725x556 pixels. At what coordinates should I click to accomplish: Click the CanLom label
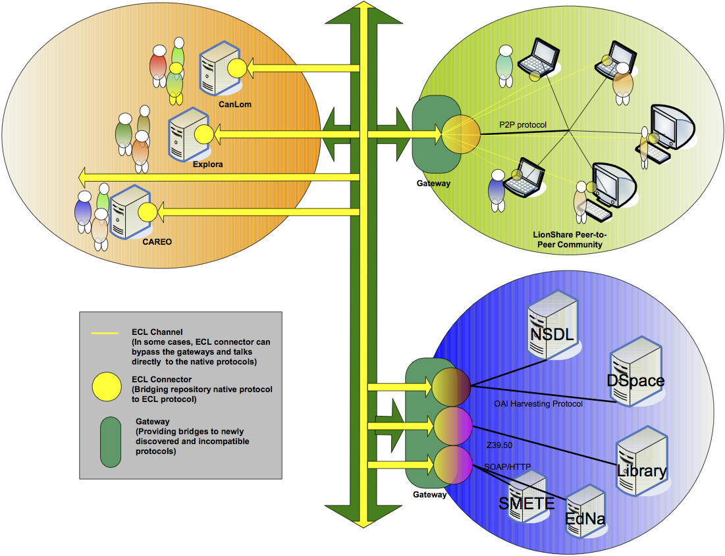tap(236, 104)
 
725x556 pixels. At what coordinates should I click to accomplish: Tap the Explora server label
tap(207, 164)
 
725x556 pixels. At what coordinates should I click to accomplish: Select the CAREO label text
tap(157, 241)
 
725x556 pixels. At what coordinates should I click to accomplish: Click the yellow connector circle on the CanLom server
tap(237, 68)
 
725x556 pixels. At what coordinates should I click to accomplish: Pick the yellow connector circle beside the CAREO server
tap(147, 212)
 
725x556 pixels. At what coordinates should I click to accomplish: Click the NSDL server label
tap(552, 335)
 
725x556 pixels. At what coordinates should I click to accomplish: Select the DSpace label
tap(635, 381)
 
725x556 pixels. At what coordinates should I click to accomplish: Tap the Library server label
tap(642, 471)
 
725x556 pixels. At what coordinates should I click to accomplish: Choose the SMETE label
tap(527, 504)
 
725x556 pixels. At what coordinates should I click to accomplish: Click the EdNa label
tap(585, 519)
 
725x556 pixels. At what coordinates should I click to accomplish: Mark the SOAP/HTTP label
tap(507, 467)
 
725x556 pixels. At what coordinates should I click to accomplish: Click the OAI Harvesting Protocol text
tap(538, 404)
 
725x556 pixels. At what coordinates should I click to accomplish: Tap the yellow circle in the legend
tap(105, 386)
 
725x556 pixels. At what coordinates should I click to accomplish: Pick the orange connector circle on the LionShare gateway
tap(461, 134)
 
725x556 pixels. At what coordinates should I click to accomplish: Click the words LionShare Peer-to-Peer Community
tap(568, 240)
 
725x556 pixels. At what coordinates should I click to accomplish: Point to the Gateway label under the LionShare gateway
tap(433, 184)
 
